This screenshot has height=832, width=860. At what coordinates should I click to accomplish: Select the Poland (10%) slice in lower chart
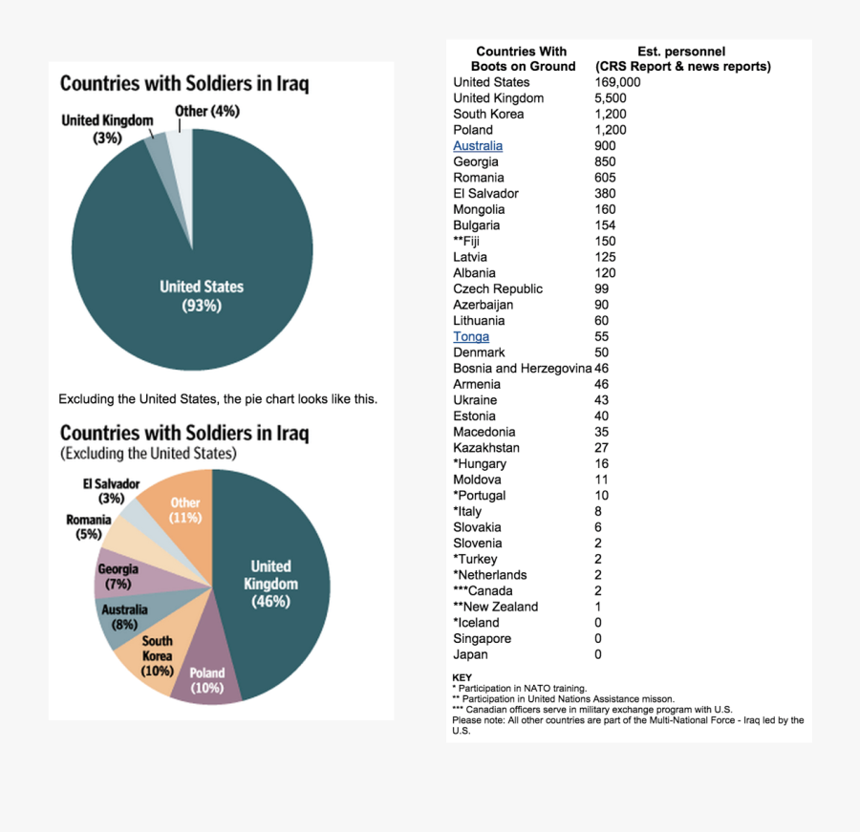207,679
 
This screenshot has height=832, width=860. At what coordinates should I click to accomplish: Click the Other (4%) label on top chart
207,112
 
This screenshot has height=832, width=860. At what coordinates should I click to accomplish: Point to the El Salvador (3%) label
111,491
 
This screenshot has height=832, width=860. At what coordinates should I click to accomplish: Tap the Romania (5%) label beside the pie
88,526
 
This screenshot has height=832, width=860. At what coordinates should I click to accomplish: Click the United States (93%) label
202,295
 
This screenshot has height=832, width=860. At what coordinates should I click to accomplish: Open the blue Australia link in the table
478,146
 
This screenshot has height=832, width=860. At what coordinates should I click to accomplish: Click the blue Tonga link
471,336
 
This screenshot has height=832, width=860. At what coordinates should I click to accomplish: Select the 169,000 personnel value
617,82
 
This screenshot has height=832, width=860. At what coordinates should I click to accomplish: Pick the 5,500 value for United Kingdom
610,98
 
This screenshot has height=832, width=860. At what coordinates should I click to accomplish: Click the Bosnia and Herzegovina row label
522,368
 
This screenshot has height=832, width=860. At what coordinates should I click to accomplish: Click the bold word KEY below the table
462,677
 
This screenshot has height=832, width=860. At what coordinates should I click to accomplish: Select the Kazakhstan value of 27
602,447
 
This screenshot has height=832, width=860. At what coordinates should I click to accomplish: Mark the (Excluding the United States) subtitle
148,454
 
